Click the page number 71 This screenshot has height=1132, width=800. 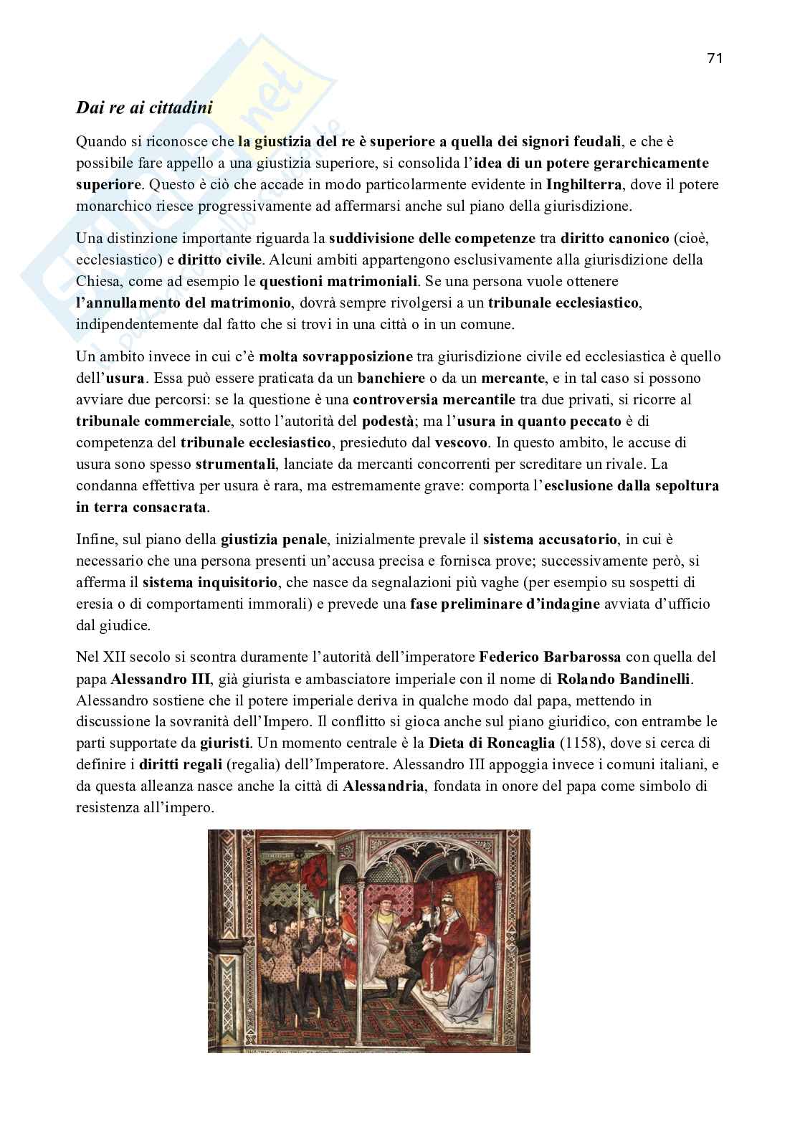point(714,59)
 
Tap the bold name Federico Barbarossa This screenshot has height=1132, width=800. point(550,657)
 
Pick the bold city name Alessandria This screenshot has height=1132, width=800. point(384,786)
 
